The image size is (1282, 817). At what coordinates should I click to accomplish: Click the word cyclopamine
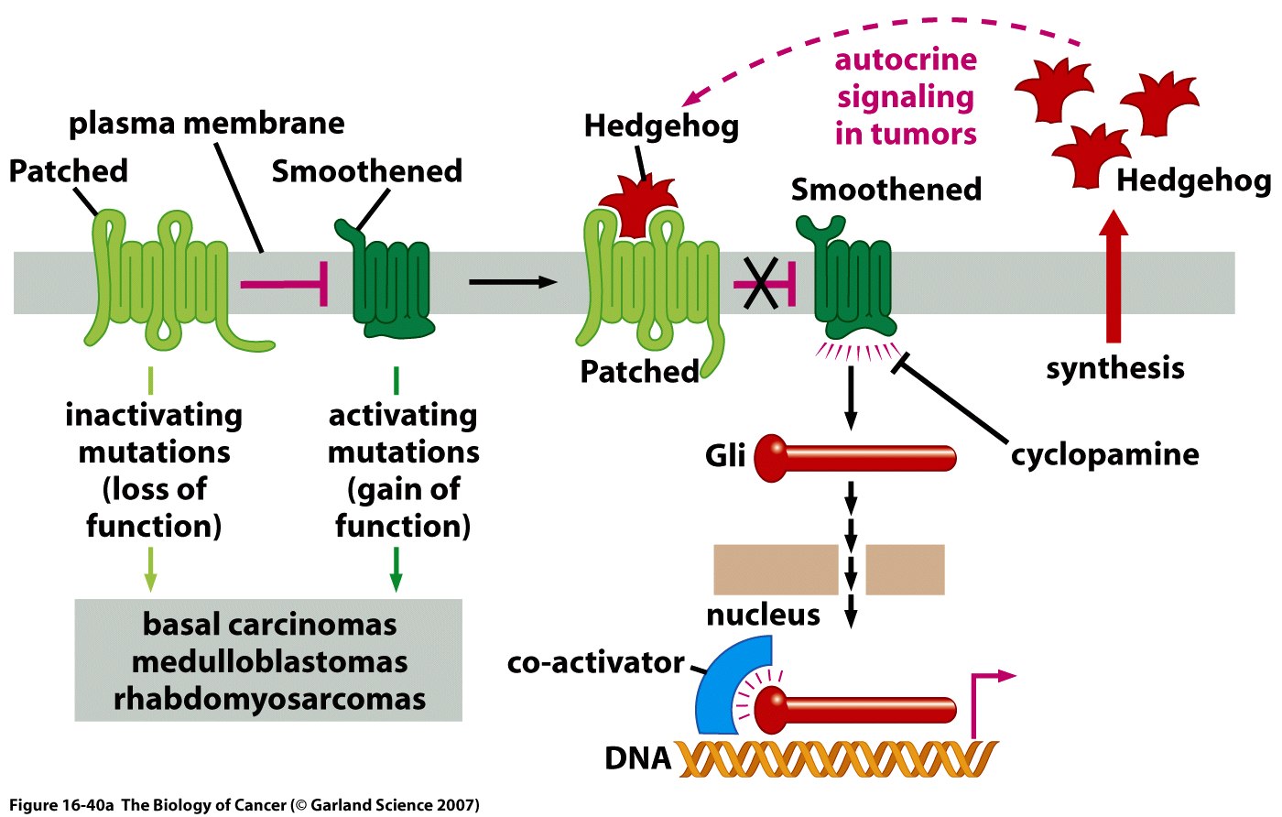pos(1104,454)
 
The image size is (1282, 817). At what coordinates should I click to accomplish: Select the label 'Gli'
pos(725,455)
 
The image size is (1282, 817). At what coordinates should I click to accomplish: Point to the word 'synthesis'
pos(1114,368)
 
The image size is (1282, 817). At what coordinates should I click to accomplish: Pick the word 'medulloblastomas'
pos(269,661)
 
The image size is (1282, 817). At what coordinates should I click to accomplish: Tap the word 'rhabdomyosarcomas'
pos(269,699)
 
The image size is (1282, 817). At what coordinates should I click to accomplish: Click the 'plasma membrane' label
pos(207,123)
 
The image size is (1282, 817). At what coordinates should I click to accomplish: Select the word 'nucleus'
pos(763,615)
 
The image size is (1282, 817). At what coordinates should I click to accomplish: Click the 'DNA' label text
pos(637,758)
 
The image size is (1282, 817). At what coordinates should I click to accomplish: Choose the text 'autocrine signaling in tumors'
pos(906,97)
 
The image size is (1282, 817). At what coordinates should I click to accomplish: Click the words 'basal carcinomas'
pos(269,625)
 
